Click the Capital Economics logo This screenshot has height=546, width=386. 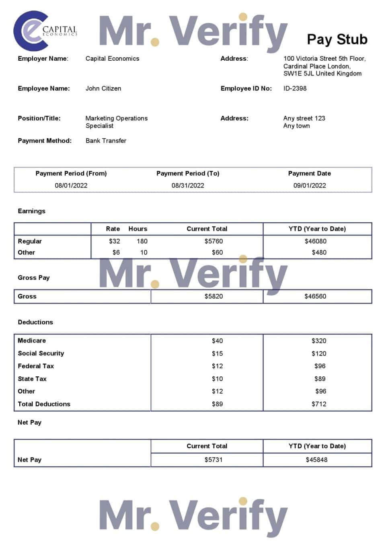click(x=44, y=31)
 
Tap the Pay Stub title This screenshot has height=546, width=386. click(x=337, y=39)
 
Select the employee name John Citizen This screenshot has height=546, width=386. click(x=103, y=88)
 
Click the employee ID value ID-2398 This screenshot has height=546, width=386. click(x=295, y=88)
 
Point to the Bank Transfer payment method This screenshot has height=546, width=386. click(x=106, y=141)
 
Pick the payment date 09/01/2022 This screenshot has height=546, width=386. click(x=310, y=185)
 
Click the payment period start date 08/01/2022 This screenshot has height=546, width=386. click(x=71, y=185)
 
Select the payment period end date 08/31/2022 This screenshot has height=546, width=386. click(x=188, y=185)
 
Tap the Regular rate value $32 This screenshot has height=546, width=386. click(x=114, y=241)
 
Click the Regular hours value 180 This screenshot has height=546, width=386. click(x=142, y=241)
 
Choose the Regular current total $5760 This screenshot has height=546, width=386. click(x=214, y=241)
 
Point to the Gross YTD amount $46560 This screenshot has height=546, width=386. click(x=315, y=296)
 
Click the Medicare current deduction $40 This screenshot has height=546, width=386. click(x=217, y=341)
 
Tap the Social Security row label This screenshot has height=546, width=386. click(x=41, y=353)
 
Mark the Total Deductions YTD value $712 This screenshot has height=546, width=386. click(x=319, y=404)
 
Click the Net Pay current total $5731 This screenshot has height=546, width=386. click(x=214, y=460)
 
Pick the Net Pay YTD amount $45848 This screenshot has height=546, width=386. click(x=316, y=460)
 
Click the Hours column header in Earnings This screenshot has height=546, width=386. click(x=138, y=229)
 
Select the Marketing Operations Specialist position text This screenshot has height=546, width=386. click(x=116, y=122)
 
